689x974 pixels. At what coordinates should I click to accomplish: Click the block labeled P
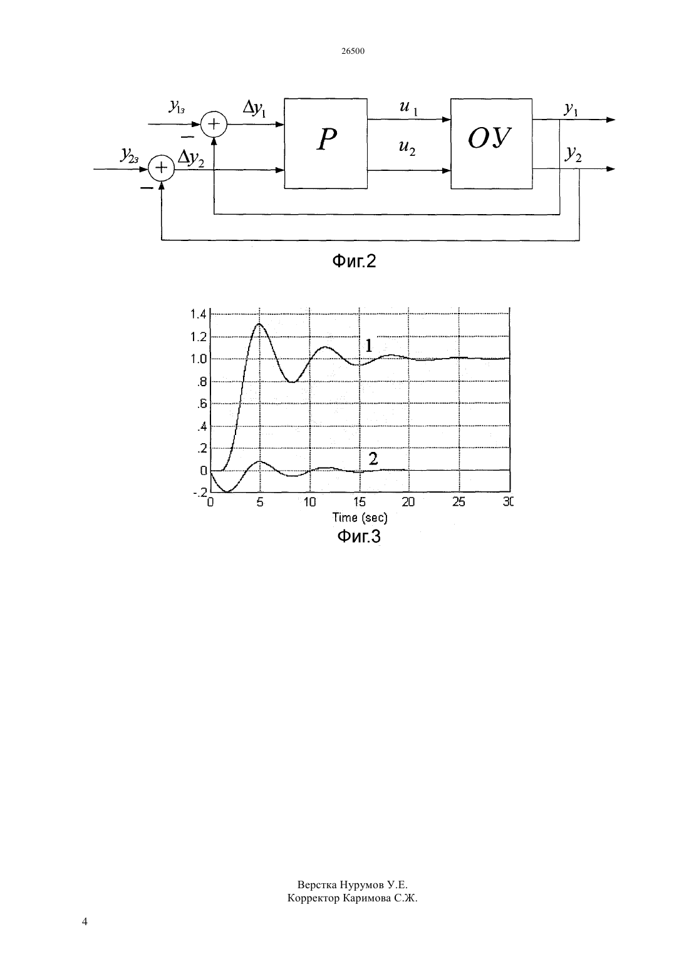pyautogui.click(x=326, y=143)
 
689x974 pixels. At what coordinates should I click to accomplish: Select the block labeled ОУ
pyautogui.click(x=491, y=143)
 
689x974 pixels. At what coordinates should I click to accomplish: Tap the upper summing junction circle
pyautogui.click(x=214, y=125)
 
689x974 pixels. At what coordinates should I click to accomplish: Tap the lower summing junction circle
pyautogui.click(x=162, y=168)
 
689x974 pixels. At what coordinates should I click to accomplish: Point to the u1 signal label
pyautogui.click(x=408, y=108)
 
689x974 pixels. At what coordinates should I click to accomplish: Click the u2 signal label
pyautogui.click(x=407, y=147)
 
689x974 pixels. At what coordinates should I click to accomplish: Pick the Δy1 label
pyautogui.click(x=254, y=108)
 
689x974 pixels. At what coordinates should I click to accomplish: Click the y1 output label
pyautogui.click(x=571, y=109)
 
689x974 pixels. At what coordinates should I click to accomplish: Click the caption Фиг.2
pyautogui.click(x=354, y=261)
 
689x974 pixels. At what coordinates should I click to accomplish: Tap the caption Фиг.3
pyautogui.click(x=359, y=536)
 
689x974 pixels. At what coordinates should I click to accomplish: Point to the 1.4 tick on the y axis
pyautogui.click(x=199, y=314)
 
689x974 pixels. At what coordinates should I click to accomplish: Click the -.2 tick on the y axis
pyautogui.click(x=200, y=493)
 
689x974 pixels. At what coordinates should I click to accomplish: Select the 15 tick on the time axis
pyautogui.click(x=360, y=502)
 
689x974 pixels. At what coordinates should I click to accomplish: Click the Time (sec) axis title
pyautogui.click(x=360, y=517)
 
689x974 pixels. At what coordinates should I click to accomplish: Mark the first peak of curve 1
pyautogui.click(x=259, y=324)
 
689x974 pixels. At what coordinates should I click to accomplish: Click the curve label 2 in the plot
pyautogui.click(x=373, y=458)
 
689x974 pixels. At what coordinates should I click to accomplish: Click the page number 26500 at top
pyautogui.click(x=353, y=51)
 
